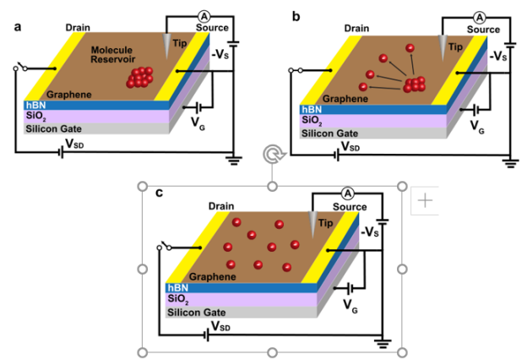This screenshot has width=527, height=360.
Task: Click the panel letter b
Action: [x=296, y=16]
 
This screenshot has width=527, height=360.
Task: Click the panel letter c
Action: [x=160, y=193]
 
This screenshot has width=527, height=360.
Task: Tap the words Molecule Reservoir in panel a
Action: [x=118, y=56]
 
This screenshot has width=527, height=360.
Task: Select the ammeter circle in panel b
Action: [x=480, y=16]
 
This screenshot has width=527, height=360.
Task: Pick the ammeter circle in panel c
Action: [x=347, y=194]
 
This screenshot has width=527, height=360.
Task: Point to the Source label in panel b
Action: [x=484, y=30]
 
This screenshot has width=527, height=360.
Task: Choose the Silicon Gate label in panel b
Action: [x=332, y=134]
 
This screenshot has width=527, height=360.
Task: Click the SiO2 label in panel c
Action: [x=177, y=298]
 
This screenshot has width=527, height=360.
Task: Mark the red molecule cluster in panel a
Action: [x=142, y=78]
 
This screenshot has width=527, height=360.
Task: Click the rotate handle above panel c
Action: [x=272, y=155]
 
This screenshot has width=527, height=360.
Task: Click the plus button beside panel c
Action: [x=425, y=200]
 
